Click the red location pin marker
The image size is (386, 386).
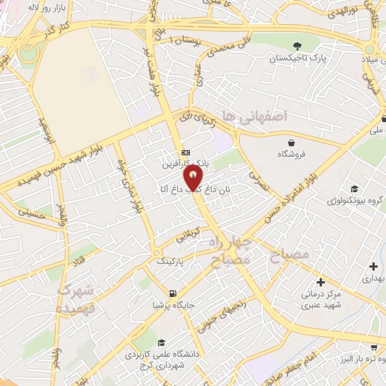[x=194, y=177]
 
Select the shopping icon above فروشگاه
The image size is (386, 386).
[x=291, y=142]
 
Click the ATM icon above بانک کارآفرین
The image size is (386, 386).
[x=185, y=153]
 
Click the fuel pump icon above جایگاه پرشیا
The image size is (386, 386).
[x=174, y=294]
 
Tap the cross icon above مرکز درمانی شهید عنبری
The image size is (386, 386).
[x=322, y=281]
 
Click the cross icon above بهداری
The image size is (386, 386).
[x=374, y=266]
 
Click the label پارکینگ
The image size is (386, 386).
[x=170, y=260]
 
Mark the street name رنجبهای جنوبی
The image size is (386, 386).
[x=219, y=312]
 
